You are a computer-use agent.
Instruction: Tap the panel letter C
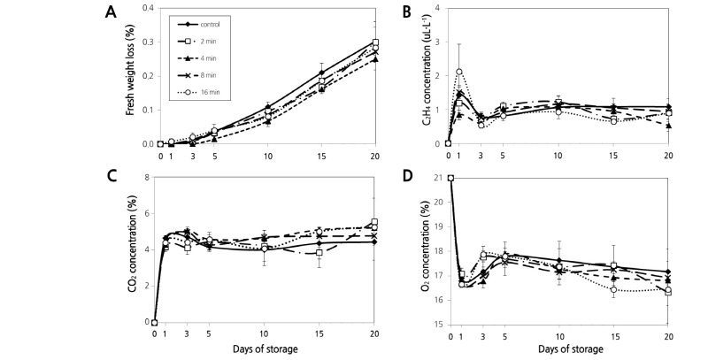(109, 174)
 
